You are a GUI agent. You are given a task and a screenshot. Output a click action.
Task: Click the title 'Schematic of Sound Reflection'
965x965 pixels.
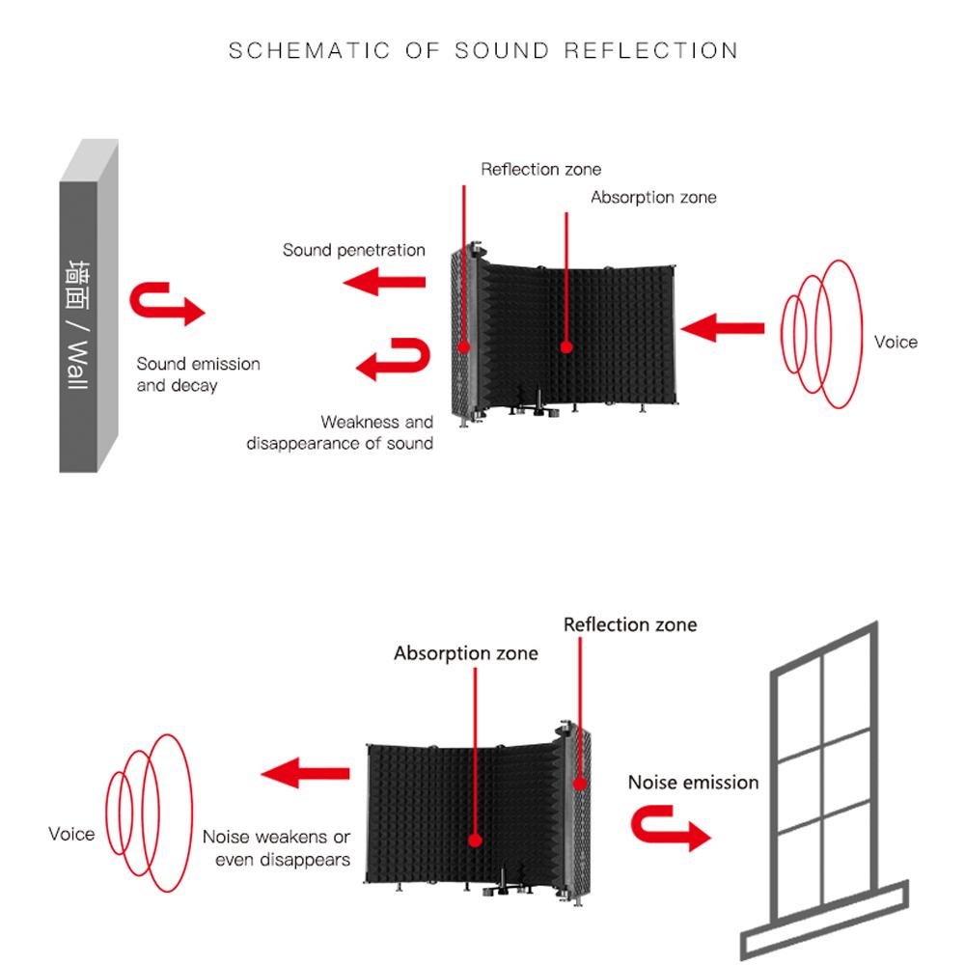482,50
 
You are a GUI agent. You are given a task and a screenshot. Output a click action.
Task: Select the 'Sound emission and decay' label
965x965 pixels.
198,374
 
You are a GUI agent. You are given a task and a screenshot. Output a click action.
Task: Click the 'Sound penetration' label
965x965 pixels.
353,250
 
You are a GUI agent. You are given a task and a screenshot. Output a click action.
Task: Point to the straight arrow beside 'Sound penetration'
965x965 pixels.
385,283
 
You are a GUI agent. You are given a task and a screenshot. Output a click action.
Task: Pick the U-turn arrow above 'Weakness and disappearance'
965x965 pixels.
394,358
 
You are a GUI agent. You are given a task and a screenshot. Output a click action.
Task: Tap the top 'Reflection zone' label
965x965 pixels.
540,170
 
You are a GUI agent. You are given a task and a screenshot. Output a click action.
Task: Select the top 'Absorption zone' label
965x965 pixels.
653,197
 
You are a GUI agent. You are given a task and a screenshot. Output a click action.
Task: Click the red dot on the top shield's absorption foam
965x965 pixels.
565,346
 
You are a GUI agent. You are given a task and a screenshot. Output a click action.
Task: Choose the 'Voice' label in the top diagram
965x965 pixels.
895,342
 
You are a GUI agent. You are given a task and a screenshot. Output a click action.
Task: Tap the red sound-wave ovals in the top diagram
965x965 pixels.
820,333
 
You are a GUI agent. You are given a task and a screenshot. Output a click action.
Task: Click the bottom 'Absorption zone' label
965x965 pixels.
465,653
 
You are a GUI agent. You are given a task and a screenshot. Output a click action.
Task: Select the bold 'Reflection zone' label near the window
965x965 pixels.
629,624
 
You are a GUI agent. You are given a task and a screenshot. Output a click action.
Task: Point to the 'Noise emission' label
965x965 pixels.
693,782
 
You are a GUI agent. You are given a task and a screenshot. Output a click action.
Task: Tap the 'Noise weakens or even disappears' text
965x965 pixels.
276,847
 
